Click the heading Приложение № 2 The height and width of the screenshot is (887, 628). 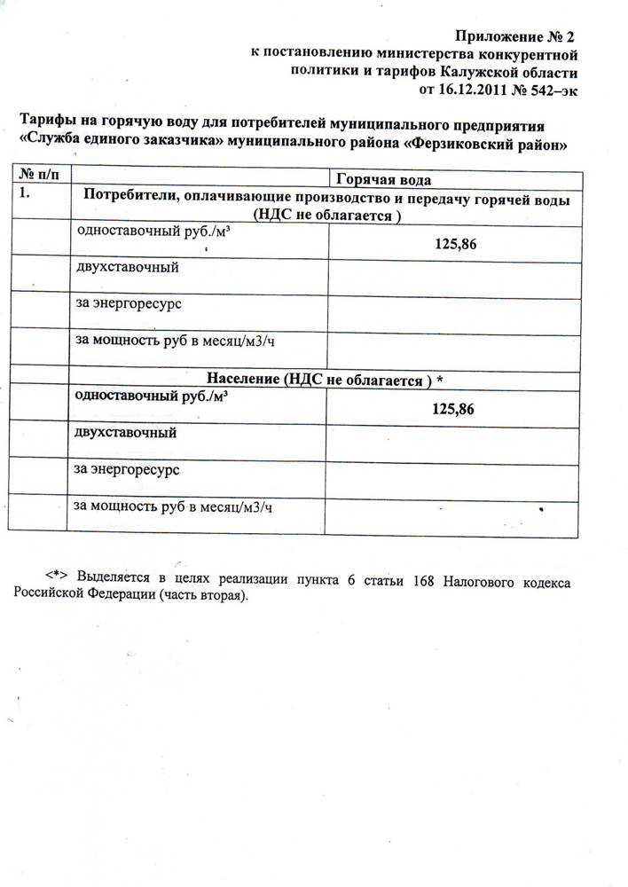tap(515, 36)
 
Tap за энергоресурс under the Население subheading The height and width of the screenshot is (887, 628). tap(128, 467)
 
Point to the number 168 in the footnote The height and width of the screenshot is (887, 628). tap(422, 580)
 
